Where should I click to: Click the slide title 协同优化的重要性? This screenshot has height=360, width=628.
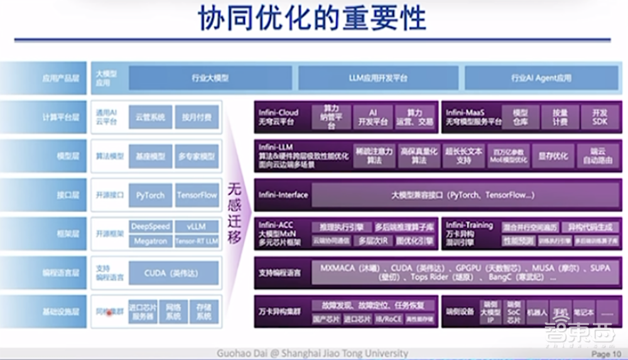pyautogui.click(x=312, y=19)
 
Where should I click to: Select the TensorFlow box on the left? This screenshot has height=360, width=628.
pyautogui.click(x=197, y=195)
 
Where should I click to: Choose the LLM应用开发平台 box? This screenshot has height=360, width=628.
pyautogui.click(x=378, y=79)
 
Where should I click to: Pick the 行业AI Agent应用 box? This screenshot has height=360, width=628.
pyautogui.click(x=541, y=79)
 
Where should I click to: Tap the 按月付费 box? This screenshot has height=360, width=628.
pyautogui.click(x=197, y=117)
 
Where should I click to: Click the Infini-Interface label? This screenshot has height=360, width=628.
pyautogui.click(x=283, y=195)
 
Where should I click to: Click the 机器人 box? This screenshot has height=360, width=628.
pyautogui.click(x=537, y=312)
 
